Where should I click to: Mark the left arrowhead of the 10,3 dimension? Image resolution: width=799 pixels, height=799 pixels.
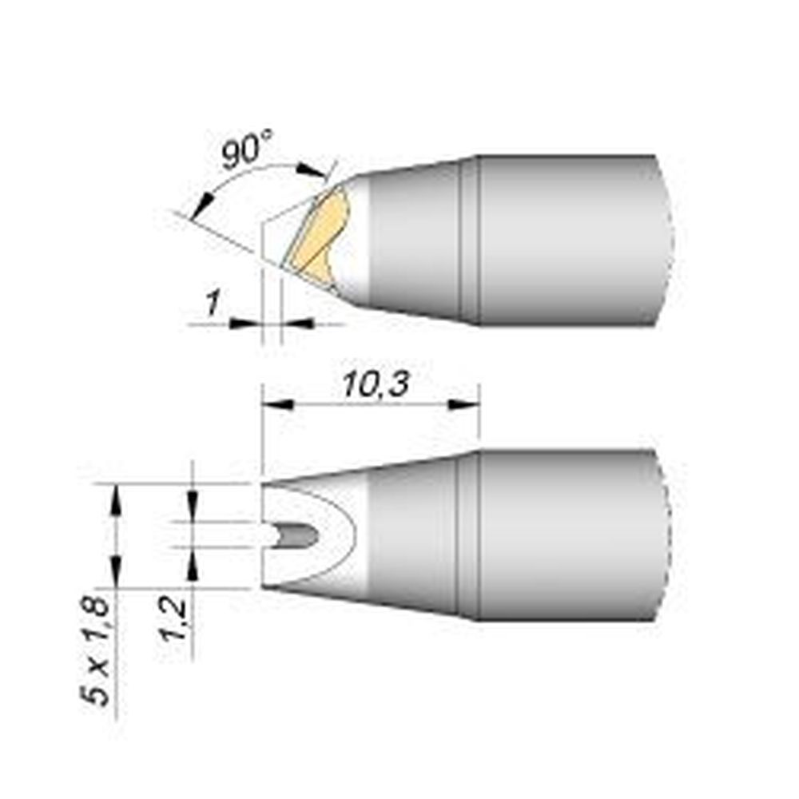click(274, 405)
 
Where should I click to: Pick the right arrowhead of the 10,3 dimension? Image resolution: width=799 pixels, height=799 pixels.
click(467, 405)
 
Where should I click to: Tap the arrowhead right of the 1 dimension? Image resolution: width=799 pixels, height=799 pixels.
click(297, 323)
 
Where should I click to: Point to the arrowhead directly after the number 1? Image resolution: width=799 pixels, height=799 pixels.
click(243, 323)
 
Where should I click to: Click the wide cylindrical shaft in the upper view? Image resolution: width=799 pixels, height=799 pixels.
click(567, 240)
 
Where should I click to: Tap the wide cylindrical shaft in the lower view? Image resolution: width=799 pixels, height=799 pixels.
click(567, 535)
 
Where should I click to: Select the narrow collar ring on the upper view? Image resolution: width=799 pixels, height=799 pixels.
click(470, 240)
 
